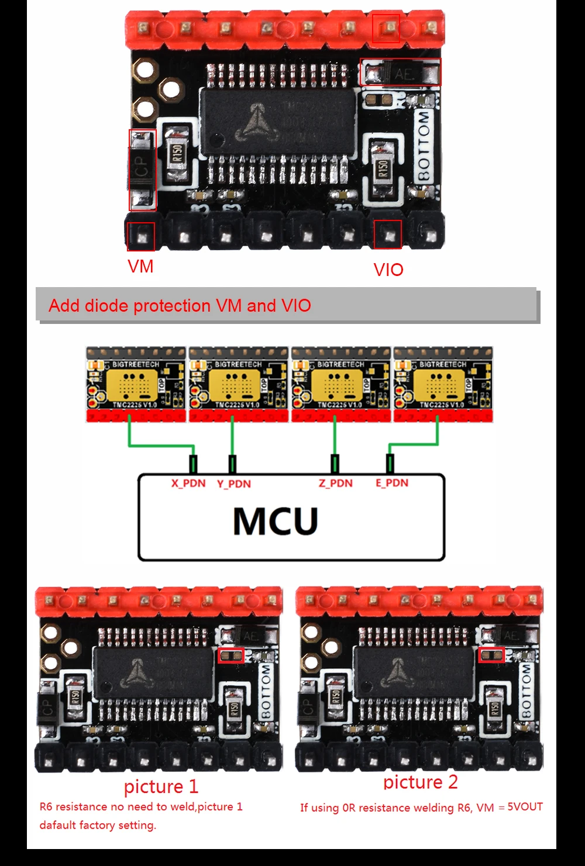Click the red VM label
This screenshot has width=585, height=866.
coord(140,267)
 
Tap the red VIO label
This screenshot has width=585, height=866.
coord(388,270)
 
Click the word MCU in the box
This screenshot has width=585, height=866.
coord(276,521)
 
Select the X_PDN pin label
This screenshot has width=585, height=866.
coord(188,484)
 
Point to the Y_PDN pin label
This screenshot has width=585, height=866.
coord(234,484)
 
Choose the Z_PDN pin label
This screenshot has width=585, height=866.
coord(336,483)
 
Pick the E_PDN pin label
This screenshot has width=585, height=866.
coord(392,483)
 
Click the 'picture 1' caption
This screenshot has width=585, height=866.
coord(161,786)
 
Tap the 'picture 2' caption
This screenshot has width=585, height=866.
coord(421,782)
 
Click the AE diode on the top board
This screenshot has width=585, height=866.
coord(401,74)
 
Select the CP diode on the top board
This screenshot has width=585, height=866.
coord(142,170)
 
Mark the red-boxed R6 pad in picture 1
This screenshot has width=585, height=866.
coord(231,655)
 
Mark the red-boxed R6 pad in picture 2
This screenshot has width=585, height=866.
coord(491,655)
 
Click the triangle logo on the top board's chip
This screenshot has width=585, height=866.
coord(256,122)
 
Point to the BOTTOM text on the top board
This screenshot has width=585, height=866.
coord(424,146)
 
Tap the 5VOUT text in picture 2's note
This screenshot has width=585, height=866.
coord(525,807)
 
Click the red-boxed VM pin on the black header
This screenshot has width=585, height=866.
coord(142,236)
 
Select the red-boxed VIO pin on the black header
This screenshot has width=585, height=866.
coord(388,234)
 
